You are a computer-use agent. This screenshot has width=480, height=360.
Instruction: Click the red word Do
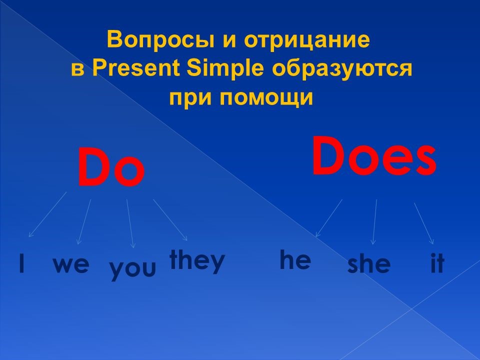111,167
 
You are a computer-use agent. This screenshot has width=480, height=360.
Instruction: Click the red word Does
374,156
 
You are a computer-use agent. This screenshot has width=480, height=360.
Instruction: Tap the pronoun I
21,263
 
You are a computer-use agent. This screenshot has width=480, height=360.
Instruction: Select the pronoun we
71,265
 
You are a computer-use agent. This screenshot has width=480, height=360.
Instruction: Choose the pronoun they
197,261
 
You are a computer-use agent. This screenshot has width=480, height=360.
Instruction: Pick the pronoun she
369,263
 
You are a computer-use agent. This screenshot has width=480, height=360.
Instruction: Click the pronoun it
437,263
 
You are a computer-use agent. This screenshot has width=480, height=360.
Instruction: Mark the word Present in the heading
135,68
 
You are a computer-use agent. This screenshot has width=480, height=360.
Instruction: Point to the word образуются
341,69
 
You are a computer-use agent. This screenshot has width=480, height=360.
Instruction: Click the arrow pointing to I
47,214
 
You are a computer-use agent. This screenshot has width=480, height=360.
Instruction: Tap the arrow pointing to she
374,222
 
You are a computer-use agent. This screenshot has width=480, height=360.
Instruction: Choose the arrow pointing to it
424,223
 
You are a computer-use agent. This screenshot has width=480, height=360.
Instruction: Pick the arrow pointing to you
130,223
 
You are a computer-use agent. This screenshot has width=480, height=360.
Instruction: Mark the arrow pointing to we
84,222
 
